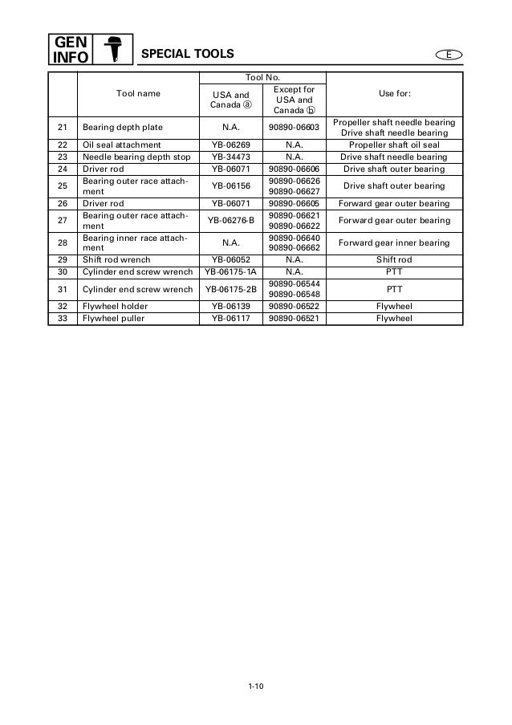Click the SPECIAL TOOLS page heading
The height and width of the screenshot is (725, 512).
click(187, 54)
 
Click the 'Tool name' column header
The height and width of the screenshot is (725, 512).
click(138, 94)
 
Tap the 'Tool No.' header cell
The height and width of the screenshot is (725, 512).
click(262, 77)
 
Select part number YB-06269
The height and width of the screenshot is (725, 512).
click(230, 145)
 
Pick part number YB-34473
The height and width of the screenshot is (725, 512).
click(230, 157)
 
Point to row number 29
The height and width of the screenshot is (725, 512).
click(62, 260)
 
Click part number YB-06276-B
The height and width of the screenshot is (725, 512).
click(230, 220)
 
